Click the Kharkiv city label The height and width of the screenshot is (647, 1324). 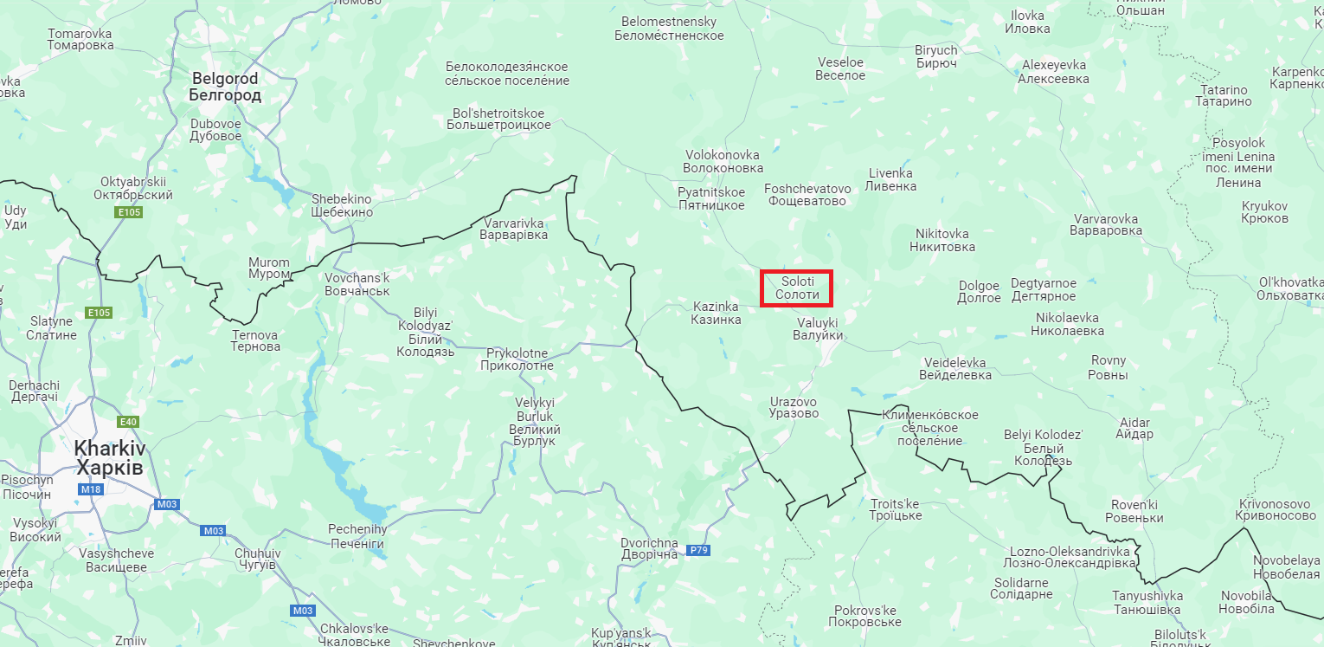point(110,458)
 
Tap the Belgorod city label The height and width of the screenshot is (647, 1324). point(225,87)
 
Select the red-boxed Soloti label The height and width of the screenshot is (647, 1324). point(797,288)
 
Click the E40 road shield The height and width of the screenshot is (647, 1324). point(128,422)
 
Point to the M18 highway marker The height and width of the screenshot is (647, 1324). point(90,489)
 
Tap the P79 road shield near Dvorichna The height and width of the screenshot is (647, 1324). point(698,550)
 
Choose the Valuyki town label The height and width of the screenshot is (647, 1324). point(818,328)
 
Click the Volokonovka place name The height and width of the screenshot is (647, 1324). point(723,161)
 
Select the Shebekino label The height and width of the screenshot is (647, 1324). point(342,205)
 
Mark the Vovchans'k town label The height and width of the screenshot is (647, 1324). point(357,284)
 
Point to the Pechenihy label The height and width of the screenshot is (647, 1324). point(357,535)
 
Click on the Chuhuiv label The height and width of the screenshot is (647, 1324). point(257,559)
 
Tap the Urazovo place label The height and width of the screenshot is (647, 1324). point(794,407)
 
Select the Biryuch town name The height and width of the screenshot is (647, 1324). point(936,56)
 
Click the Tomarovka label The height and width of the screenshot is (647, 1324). point(80,39)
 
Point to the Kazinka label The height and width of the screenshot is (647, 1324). point(716,313)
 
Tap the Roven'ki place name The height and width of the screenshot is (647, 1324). point(1134,511)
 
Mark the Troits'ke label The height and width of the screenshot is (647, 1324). point(896,509)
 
